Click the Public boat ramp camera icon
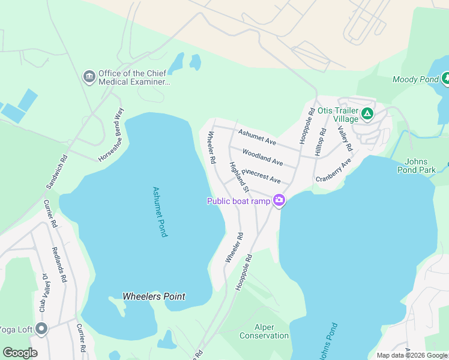pos(279,201)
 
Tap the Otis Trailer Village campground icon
pos(367,113)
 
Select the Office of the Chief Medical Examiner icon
pos(89,77)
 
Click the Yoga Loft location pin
pos(41,329)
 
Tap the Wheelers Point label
pos(154,296)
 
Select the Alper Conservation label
pos(264,331)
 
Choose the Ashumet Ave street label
pos(257,137)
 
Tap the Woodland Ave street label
pos(263,158)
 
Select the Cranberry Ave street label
pos(334,172)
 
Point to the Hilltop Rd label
pos(319,143)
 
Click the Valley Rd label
pos(345,137)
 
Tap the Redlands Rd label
pos(61,265)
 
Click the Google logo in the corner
pos(20,352)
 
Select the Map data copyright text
pos(412,355)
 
